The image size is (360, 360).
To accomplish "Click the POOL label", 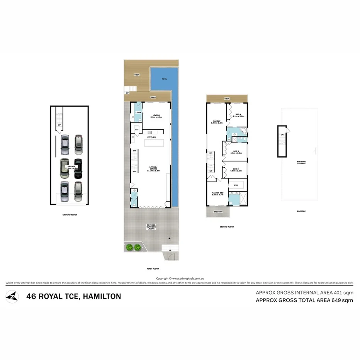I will [x=164, y=78].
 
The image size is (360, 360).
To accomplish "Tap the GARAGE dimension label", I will [x=72, y=167].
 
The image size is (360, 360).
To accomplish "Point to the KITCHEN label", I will [x=151, y=138].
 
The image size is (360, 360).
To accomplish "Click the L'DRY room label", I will [x=138, y=112].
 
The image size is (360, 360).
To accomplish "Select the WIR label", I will [x=235, y=185].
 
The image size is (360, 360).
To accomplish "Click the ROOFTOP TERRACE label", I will [x=301, y=162].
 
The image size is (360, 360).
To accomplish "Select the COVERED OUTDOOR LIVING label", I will [x=151, y=227].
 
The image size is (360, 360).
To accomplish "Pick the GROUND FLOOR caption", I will [x=70, y=215].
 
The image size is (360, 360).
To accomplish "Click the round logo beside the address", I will [x=12, y=297].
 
